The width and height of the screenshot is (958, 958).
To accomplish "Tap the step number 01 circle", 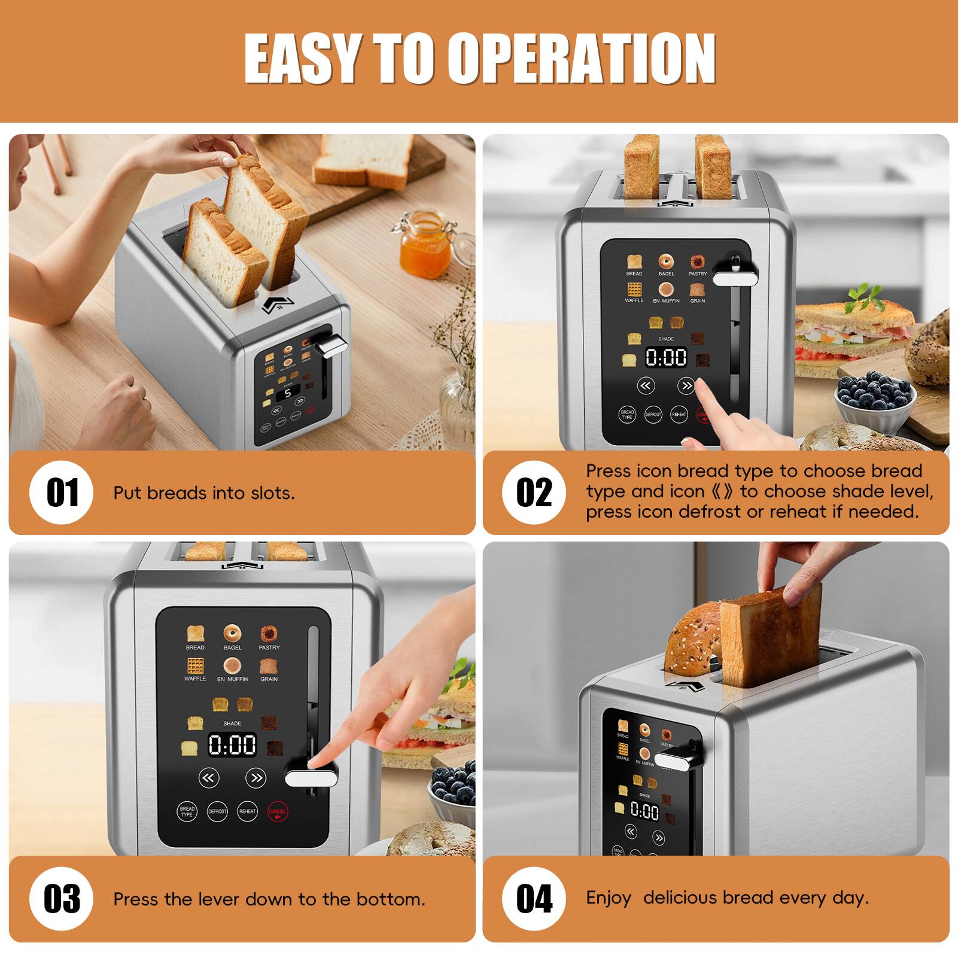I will point(62,492).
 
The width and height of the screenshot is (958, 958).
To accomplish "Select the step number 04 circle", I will point(534,898).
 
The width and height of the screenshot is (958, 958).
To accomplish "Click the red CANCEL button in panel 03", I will point(277,811).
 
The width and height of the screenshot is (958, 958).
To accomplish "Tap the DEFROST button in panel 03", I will point(217,811).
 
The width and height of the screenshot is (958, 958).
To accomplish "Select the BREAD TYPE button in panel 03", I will point(187,811).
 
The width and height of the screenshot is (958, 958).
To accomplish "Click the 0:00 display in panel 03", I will point(232,745).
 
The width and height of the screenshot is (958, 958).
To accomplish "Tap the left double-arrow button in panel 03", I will point(208,778).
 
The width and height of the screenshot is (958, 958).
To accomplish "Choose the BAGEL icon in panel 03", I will point(232,634).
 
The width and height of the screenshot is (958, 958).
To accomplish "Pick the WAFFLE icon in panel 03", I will point(195,667).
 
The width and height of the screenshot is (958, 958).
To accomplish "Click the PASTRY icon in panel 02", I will point(697,263).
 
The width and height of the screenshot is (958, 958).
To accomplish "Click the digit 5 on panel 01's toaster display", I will point(288,393).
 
